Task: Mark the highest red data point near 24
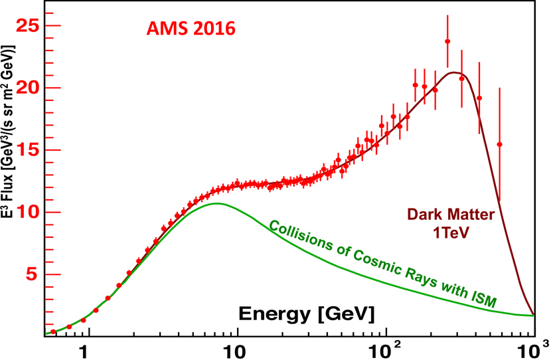pos(447,41)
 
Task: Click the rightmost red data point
pos(499,144)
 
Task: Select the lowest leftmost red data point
pos(53,331)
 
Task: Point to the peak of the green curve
pos(216,203)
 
